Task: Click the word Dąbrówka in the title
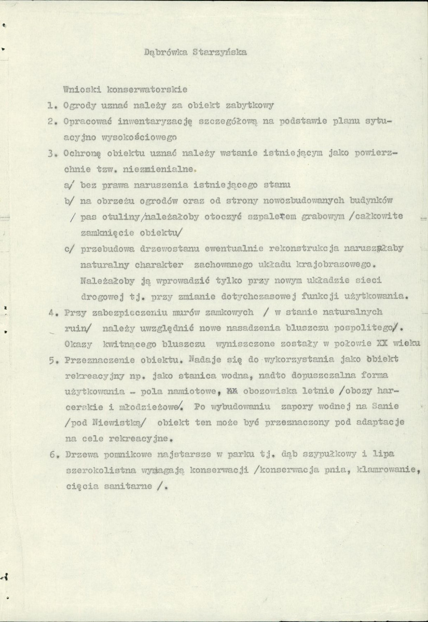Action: click(x=162, y=52)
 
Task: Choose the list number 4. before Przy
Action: click(x=50, y=312)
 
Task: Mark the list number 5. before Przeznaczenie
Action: click(x=50, y=360)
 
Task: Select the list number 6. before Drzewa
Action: click(x=50, y=455)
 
